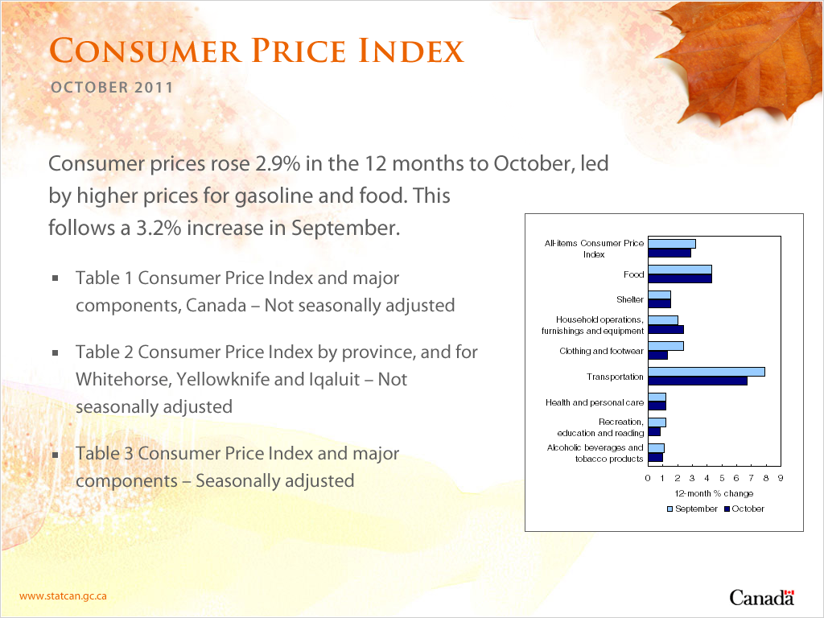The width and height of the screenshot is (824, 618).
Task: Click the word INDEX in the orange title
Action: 411,51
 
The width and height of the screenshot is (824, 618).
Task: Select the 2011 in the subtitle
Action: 154,87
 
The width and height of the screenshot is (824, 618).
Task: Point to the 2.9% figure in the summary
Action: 278,163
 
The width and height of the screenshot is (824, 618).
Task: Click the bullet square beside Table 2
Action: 56,352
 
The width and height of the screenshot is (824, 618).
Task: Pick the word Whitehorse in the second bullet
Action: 123,380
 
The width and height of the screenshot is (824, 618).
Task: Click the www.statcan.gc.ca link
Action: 63,596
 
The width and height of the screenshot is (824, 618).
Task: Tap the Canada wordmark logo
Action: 761,598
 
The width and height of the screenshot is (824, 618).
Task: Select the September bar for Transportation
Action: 707,372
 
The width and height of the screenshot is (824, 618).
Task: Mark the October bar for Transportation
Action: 698,381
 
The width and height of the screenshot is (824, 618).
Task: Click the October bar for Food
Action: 680,278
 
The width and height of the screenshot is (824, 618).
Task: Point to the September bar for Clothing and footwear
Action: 665,346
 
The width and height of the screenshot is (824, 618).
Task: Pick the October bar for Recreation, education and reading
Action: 654,431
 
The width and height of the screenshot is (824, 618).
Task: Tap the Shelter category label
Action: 629,299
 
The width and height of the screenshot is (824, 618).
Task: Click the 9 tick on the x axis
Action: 781,478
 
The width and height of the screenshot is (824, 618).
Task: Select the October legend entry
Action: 744,509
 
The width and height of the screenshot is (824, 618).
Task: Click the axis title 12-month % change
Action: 714,493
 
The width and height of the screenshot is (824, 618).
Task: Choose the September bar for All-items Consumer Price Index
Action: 672,244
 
